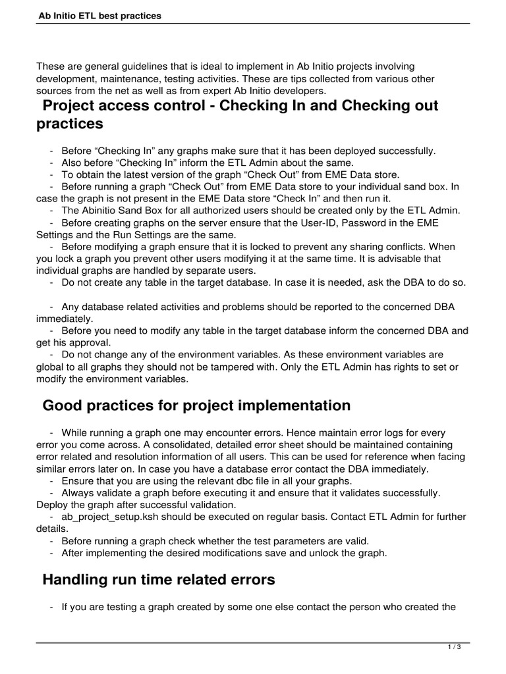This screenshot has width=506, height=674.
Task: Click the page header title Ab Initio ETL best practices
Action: [x=99, y=15]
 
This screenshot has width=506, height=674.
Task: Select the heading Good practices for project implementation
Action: [x=196, y=406]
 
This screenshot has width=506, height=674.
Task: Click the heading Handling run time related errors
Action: [x=158, y=580]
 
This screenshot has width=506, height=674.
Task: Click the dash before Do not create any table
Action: [x=51, y=282]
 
